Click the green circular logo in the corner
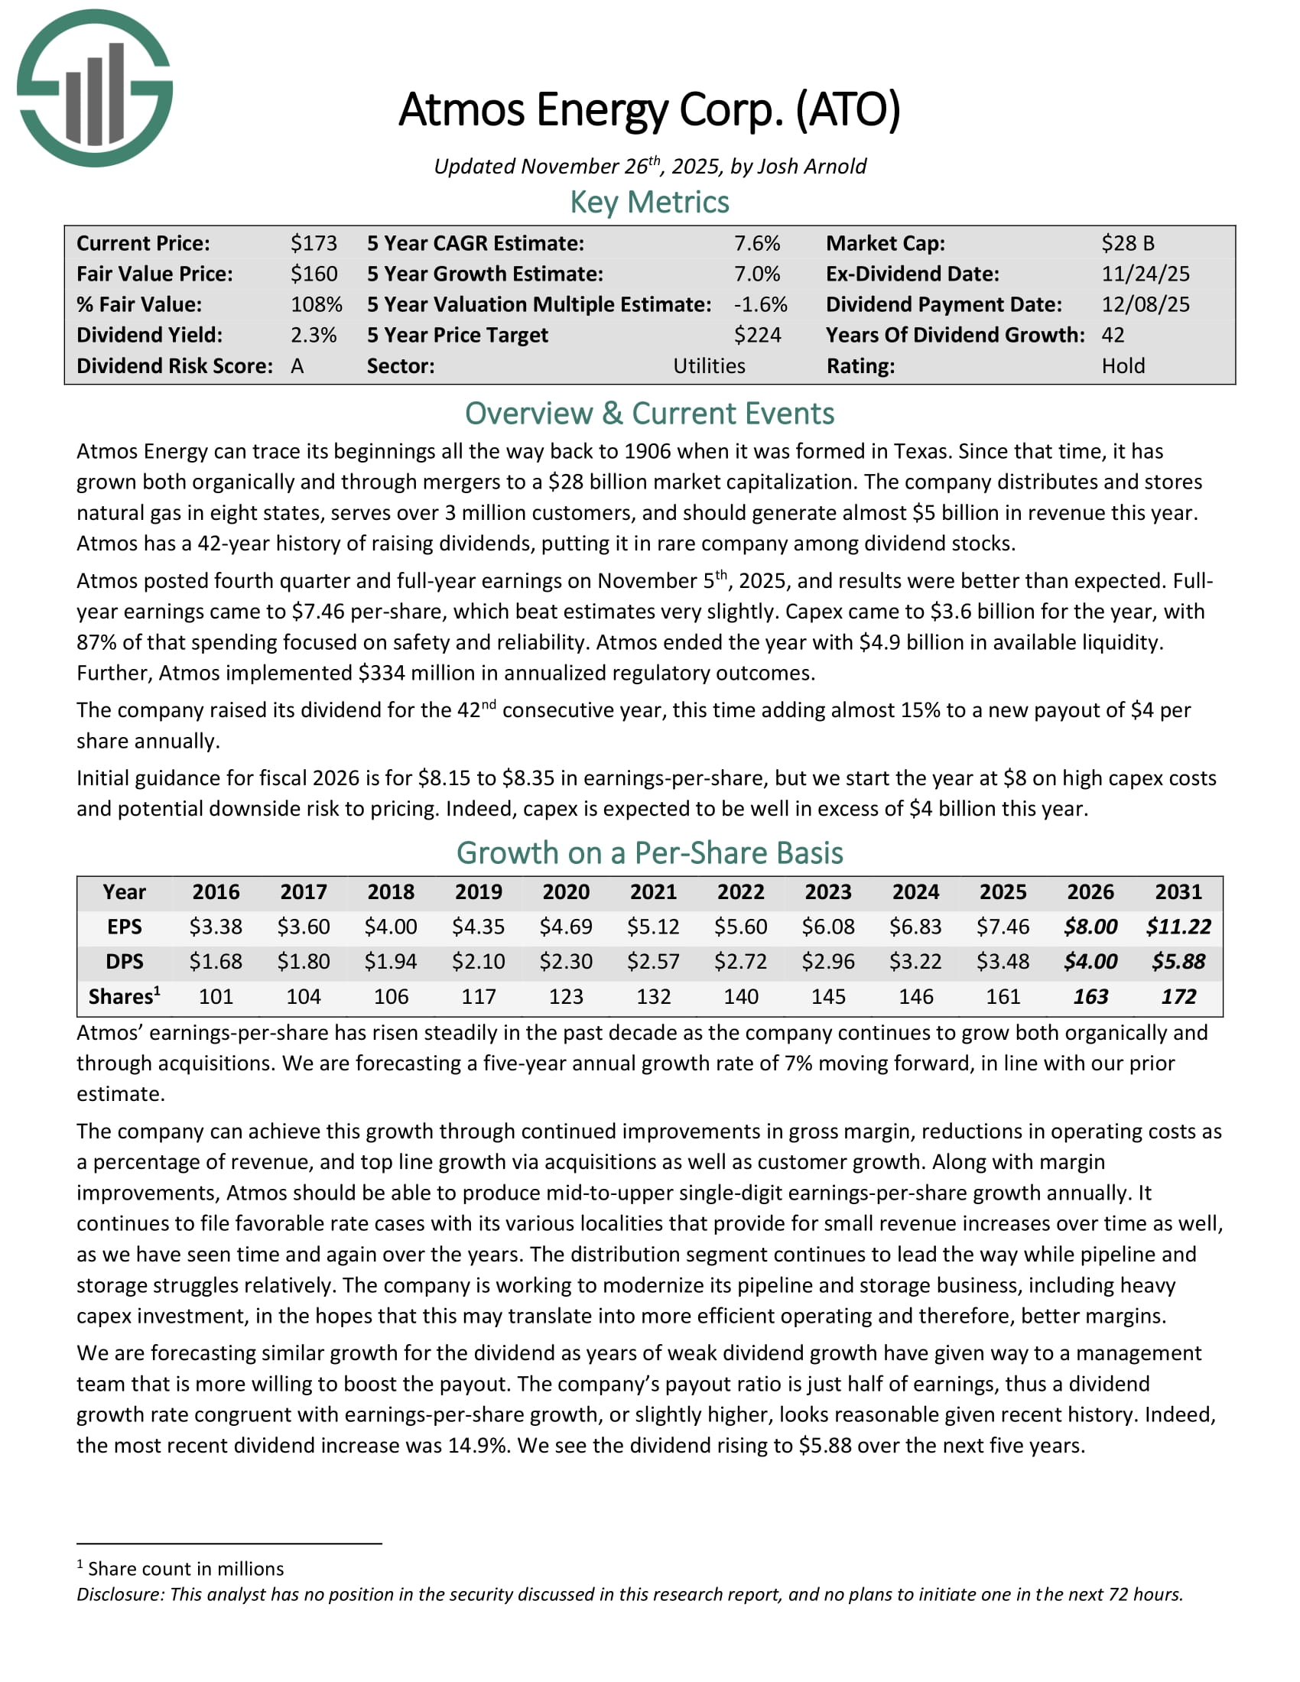[x=95, y=88]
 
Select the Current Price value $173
[x=314, y=243]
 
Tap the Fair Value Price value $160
[x=314, y=274]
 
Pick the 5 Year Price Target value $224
[x=757, y=335]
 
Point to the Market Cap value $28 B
[x=1127, y=243]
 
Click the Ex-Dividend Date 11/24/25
[x=1146, y=274]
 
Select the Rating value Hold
[x=1123, y=365]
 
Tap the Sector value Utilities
[x=709, y=365]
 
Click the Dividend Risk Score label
[x=175, y=365]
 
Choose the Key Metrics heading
[x=649, y=203]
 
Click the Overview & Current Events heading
[x=649, y=414]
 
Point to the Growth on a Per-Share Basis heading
[x=649, y=853]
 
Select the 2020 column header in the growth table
[x=565, y=891]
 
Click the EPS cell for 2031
[x=1178, y=927]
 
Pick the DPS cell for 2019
[x=478, y=961]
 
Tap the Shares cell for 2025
[x=1003, y=996]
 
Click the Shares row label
[x=123, y=996]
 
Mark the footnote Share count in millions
[x=185, y=1569]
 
